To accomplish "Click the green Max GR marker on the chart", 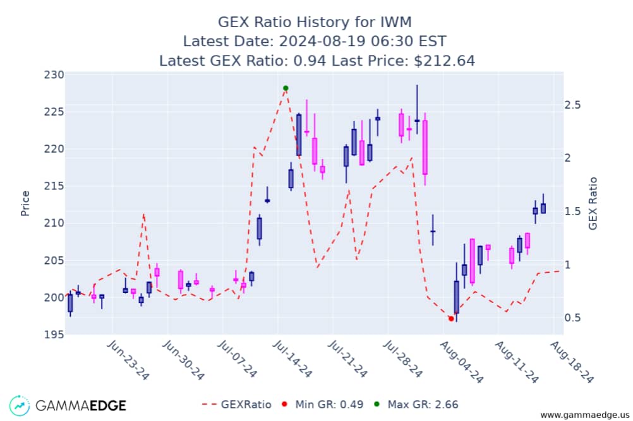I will (286, 88).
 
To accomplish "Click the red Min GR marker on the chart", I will (450, 319).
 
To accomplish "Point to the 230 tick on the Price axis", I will (55, 75).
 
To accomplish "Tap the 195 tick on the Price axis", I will (55, 335).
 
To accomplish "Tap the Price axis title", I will (26, 203).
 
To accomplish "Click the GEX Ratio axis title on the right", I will (593, 203).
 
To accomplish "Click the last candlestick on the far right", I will (543, 208).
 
